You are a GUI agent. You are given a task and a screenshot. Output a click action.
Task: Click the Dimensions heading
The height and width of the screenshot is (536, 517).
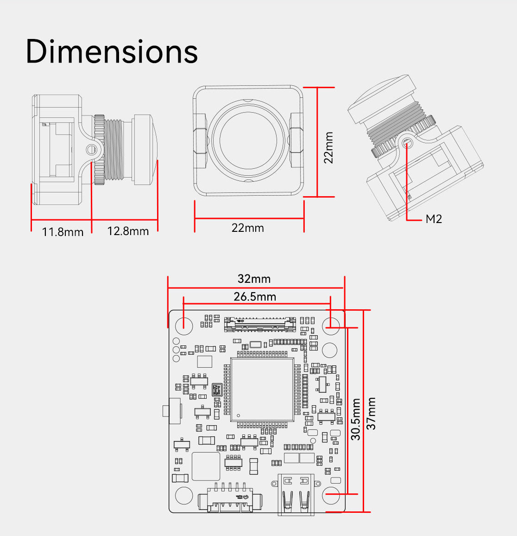point(112,51)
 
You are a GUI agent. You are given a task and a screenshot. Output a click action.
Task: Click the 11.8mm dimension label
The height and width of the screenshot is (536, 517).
point(63,232)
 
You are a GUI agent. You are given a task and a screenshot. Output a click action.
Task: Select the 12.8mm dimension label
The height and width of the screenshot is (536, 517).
point(128,231)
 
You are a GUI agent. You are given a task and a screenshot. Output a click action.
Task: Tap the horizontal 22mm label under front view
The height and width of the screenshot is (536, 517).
point(247,228)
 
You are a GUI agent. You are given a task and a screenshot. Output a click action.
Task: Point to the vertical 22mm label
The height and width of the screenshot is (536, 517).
point(328,147)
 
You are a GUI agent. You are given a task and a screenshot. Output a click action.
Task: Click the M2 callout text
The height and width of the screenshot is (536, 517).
point(434,219)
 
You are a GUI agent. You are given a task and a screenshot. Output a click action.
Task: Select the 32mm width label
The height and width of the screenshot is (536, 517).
point(254,279)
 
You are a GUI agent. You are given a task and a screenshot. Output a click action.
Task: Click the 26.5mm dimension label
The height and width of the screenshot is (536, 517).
point(254,296)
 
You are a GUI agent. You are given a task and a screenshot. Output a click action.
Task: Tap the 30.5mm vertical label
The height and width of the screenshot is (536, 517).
point(355,419)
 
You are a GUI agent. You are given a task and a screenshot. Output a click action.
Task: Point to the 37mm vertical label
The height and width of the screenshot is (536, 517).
point(371,414)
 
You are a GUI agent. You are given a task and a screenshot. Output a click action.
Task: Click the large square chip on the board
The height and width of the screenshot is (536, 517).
point(262,389)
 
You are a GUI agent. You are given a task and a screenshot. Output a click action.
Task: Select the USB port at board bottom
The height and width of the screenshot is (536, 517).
point(296,495)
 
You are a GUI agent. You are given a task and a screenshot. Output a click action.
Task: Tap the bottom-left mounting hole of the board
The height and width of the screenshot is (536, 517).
point(183,495)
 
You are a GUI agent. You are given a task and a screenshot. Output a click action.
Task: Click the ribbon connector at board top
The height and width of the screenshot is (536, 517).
point(260,324)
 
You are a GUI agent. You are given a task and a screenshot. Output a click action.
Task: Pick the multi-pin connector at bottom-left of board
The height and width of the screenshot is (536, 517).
point(230,500)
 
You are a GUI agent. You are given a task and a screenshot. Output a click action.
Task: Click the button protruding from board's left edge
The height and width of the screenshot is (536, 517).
point(166,411)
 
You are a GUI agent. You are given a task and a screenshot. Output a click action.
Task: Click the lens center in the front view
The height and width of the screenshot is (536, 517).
point(248,140)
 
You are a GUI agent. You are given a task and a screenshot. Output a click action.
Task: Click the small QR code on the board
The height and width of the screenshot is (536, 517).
point(216,389)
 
